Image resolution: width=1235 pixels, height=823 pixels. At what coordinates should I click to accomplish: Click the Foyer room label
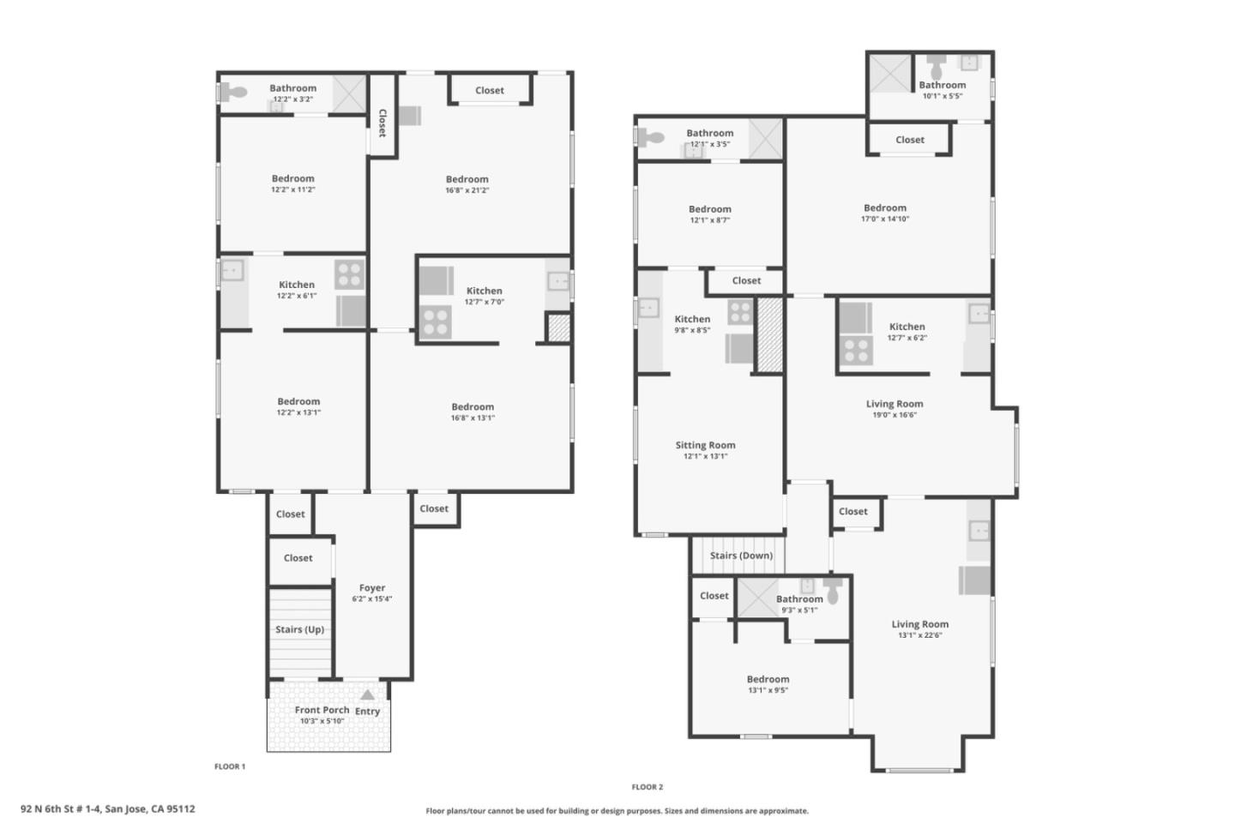click(x=372, y=588)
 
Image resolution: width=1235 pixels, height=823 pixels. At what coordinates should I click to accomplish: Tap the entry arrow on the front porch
click(x=367, y=695)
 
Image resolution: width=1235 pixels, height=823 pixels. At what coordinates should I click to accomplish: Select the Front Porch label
click(x=322, y=710)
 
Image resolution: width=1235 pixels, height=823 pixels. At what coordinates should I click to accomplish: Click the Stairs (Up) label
click(x=299, y=629)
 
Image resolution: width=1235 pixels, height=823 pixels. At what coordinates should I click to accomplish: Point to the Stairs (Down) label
click(x=741, y=556)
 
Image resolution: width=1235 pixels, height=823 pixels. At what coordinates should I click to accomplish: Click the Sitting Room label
click(x=705, y=445)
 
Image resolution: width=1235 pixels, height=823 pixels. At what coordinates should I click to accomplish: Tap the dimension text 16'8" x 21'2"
click(x=467, y=190)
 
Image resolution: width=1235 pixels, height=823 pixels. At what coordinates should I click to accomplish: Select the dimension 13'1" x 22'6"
click(x=919, y=635)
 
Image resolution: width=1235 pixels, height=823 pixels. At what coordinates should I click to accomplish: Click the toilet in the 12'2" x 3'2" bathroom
click(x=233, y=93)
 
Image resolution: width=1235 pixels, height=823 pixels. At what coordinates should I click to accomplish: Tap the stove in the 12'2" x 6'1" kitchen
click(x=349, y=274)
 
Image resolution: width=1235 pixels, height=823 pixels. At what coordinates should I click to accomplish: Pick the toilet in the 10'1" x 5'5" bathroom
click(x=936, y=65)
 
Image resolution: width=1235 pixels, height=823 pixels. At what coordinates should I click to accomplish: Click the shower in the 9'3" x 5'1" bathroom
click(x=758, y=597)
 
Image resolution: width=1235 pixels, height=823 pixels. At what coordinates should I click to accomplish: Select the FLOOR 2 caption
click(x=648, y=787)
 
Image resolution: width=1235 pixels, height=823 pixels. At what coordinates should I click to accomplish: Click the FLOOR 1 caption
click(x=230, y=766)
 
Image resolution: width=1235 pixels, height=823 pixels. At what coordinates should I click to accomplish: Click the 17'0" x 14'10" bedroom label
click(x=884, y=207)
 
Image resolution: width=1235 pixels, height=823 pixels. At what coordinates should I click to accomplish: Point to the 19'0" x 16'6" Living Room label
click(x=894, y=404)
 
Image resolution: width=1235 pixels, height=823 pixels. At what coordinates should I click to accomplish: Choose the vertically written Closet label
click(x=383, y=123)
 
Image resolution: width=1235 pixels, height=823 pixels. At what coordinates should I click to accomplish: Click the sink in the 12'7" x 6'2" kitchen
click(x=979, y=314)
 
